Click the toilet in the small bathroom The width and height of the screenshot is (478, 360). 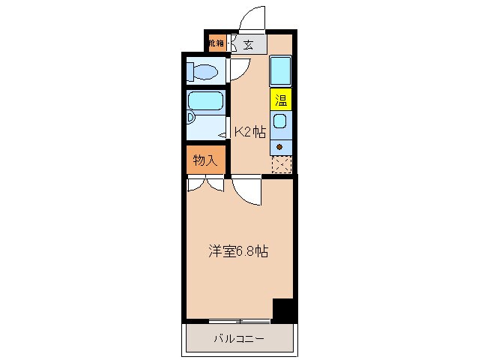(204, 73)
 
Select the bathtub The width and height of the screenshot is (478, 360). (206, 101)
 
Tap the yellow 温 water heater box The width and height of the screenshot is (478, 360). (281, 99)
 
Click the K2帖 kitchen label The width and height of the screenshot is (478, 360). (249, 132)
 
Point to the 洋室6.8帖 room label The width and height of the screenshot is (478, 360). (238, 252)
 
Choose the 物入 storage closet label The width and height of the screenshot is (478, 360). (205, 160)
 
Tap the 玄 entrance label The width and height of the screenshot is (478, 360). (248, 44)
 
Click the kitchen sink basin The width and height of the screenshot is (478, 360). (280, 121)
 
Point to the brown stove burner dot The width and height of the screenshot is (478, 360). (280, 145)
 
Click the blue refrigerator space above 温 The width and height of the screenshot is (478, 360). (281, 71)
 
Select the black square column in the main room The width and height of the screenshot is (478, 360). (284, 310)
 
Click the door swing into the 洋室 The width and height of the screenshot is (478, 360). (246, 191)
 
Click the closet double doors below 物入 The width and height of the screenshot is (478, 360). (205, 182)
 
